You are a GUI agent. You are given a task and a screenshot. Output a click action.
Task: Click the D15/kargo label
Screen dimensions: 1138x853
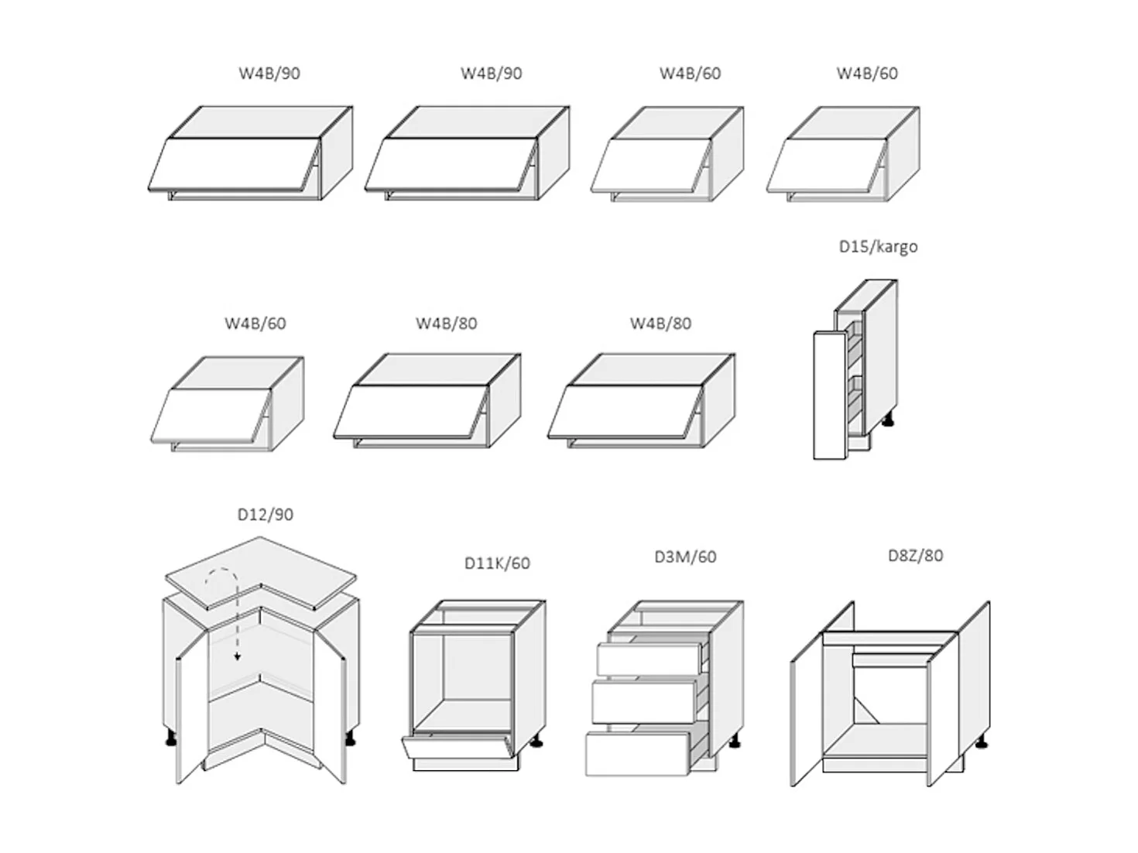878,247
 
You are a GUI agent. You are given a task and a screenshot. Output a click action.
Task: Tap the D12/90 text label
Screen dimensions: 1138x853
265,515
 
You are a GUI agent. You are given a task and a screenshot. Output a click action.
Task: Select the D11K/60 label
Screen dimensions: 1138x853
497,564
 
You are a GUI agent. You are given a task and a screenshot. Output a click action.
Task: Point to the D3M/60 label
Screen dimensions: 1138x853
685,557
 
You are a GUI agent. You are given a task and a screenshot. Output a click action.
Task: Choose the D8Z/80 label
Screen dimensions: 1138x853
915,556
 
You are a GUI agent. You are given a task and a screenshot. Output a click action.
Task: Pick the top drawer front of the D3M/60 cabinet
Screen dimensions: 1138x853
648,659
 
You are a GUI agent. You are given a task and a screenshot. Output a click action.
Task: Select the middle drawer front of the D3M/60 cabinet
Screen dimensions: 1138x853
643,702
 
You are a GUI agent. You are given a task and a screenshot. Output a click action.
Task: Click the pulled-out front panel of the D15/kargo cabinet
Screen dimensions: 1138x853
830,396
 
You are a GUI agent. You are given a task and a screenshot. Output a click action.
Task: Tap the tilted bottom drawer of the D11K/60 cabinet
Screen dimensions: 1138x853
455,745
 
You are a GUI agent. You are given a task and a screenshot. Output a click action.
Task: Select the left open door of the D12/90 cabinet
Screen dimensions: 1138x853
192,707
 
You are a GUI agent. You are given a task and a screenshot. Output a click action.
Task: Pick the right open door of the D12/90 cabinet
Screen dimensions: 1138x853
330,707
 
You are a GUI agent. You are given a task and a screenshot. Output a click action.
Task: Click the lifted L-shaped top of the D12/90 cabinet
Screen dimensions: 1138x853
261,573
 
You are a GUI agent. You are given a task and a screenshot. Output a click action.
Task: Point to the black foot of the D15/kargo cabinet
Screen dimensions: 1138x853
888,420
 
